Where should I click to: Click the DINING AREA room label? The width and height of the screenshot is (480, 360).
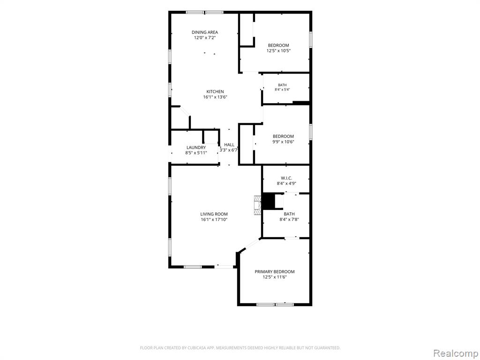click(205, 32)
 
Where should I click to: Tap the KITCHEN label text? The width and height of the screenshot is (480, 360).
click(215, 91)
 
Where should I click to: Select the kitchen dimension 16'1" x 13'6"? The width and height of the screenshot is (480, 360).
click(215, 97)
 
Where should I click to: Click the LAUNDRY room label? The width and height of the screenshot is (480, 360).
click(196, 148)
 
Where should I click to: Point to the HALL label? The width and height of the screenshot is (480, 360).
click(229, 145)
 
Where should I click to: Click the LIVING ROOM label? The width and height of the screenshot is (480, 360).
click(214, 214)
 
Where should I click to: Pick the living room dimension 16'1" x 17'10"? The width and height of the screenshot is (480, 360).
click(214, 219)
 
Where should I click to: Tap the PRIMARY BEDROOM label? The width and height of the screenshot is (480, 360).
click(275, 271)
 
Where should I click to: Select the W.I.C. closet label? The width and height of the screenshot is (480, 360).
click(286, 178)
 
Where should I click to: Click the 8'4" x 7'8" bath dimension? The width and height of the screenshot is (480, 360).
click(289, 219)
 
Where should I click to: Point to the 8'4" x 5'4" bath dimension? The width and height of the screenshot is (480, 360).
click(282, 90)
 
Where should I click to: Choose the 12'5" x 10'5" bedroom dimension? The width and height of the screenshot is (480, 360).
click(278, 51)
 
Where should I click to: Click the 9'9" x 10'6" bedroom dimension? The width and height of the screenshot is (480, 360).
click(283, 142)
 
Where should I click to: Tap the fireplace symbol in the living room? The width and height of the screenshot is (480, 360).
click(257, 205)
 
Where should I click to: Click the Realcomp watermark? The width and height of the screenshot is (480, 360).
click(455, 353)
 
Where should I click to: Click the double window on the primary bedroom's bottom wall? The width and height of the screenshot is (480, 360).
click(275, 304)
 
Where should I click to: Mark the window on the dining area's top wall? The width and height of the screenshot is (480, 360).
click(205, 12)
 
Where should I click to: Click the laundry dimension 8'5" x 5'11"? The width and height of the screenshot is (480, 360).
click(196, 153)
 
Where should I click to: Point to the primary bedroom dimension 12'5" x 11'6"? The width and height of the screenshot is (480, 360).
click(275, 277)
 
